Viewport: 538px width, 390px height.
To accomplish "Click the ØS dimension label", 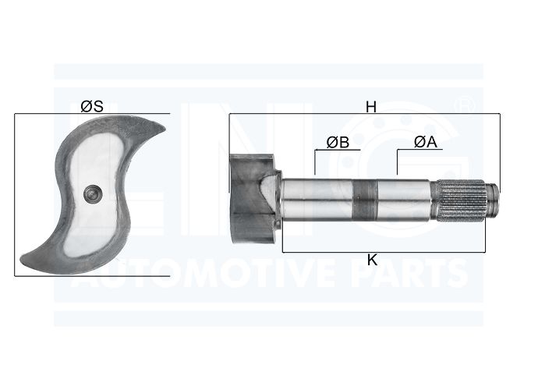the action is click(91, 106).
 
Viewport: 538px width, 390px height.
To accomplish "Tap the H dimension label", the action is click(371, 107).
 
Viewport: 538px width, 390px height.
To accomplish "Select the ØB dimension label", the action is click(338, 142).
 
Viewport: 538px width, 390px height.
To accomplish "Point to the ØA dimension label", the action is click(426, 142).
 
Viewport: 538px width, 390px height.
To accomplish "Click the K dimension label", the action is click(372, 261).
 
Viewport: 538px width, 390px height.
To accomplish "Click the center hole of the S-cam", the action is click(93, 193).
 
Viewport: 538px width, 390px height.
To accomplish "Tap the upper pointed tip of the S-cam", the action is click(165, 129).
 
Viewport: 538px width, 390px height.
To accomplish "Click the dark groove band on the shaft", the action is click(365, 200).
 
